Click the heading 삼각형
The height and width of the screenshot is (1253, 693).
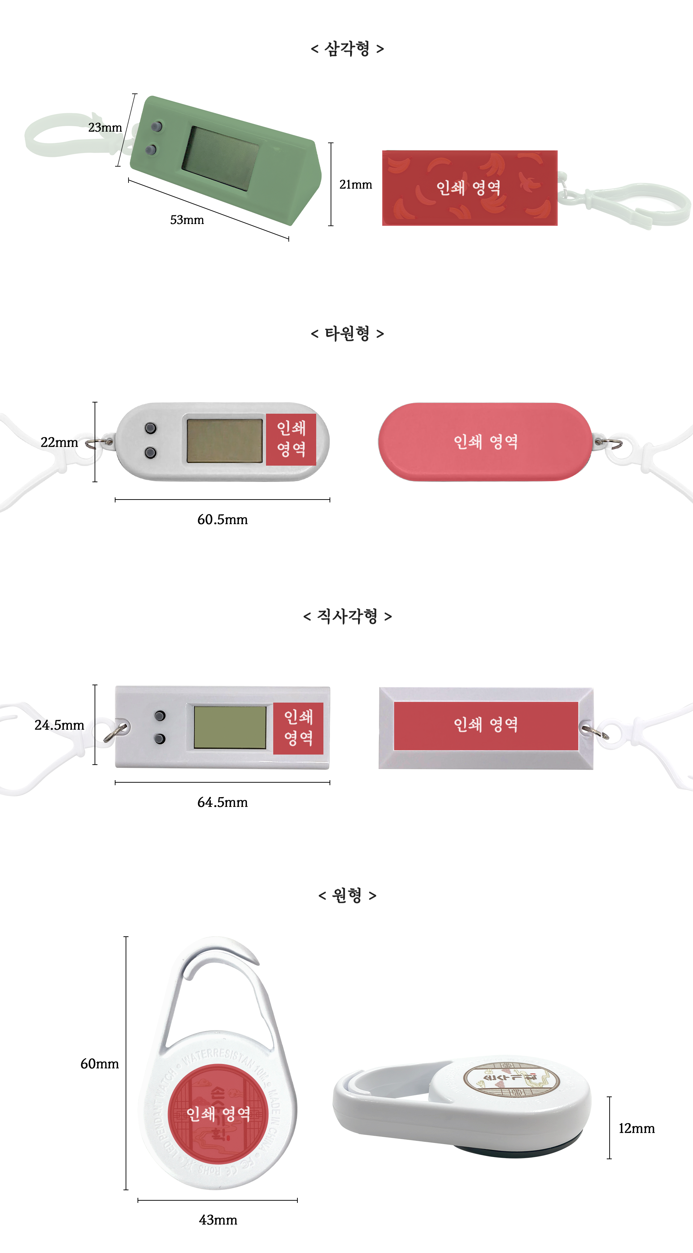tap(347, 49)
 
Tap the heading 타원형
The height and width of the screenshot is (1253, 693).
tap(347, 334)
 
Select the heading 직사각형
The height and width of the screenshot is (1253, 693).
tap(347, 616)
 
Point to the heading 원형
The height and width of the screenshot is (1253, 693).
tap(347, 895)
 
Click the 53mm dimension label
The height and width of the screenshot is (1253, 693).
tap(187, 220)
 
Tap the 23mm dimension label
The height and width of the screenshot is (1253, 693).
tap(105, 127)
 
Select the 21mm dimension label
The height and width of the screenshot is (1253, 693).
tap(355, 185)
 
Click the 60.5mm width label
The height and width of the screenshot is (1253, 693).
tap(222, 519)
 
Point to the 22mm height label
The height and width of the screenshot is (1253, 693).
tap(59, 442)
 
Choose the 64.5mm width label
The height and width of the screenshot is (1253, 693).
tap(222, 802)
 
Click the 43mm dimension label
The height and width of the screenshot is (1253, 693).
tap(218, 1220)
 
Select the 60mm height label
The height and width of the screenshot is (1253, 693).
tap(100, 1064)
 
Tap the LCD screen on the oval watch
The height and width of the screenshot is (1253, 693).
tap(225, 441)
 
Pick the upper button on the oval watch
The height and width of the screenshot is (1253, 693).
tap(151, 428)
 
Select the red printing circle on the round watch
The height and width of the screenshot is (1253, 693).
tap(218, 1113)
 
